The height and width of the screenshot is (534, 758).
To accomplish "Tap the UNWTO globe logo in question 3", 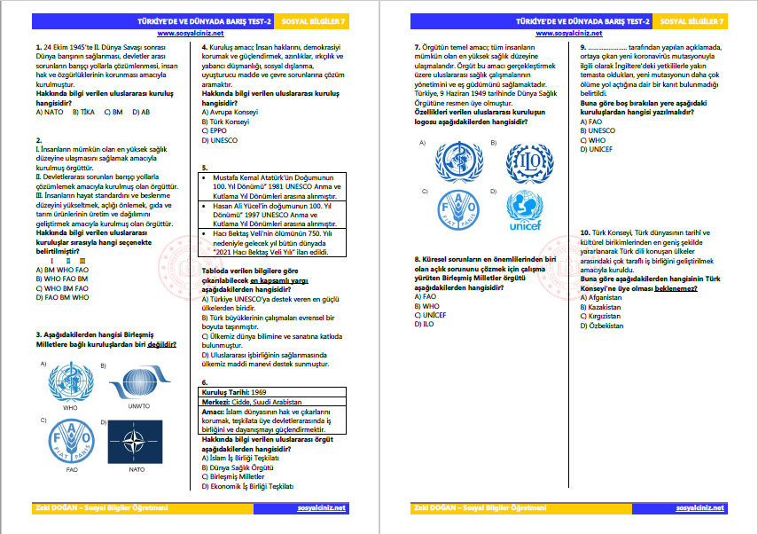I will pyautogui.click(x=139, y=379).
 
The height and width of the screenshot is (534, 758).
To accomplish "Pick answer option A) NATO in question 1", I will pyautogui.click(x=50, y=113).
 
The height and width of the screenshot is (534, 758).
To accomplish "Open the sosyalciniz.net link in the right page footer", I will pyautogui.click(x=699, y=507).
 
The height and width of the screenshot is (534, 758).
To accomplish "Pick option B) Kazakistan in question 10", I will pyautogui.click(x=600, y=308).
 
